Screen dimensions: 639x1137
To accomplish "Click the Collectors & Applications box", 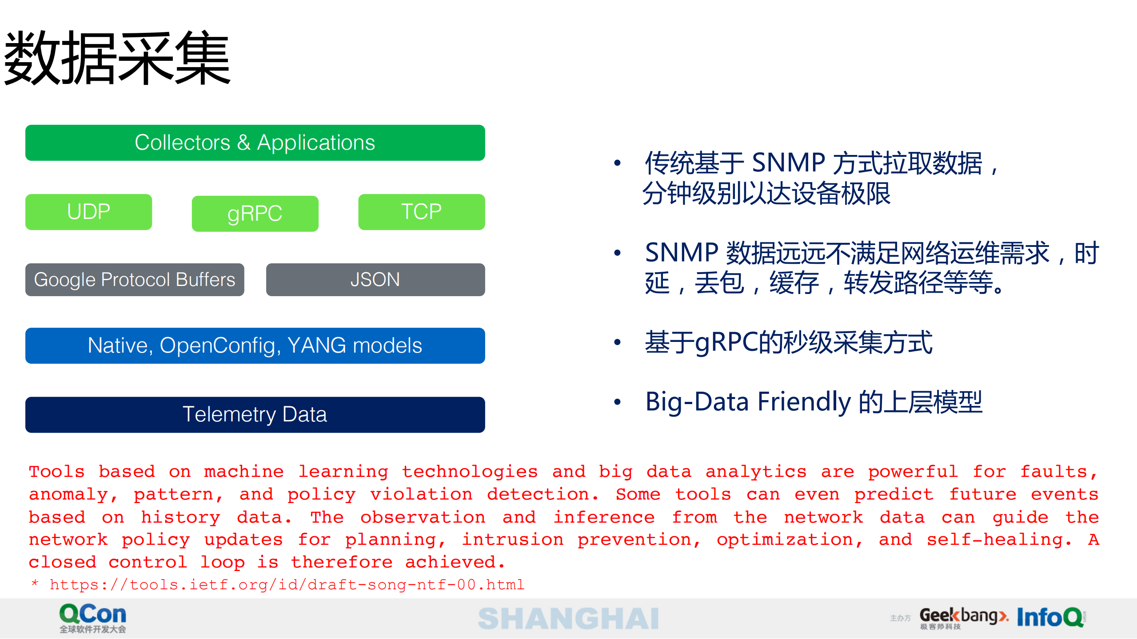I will (255, 143).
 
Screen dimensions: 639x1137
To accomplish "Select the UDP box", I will (88, 212).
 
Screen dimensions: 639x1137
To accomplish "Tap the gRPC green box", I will (255, 214).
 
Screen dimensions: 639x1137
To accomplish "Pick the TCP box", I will (421, 212).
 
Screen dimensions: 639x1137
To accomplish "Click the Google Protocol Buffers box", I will (134, 280).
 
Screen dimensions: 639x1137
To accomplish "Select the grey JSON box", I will (375, 280).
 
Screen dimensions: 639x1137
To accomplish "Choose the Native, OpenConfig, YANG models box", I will (255, 345).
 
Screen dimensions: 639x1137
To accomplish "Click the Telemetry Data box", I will (255, 414).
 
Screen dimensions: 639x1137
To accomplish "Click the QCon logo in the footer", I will (93, 617).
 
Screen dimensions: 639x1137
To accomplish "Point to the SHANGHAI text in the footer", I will (568, 619).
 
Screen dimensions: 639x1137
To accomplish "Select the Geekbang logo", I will (962, 617).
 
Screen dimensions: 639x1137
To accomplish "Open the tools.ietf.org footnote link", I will (287, 584).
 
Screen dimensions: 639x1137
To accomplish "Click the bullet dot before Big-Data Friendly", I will (617, 402).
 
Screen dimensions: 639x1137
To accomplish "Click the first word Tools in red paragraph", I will (56, 472).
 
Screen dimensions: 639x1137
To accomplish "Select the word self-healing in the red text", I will (998, 540).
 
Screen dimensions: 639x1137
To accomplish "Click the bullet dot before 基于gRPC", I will (617, 342).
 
